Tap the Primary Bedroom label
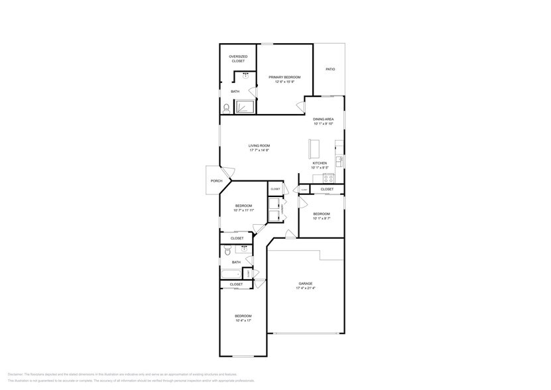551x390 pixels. tap(284, 78)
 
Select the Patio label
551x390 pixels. tap(330, 70)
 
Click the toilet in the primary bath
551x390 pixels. tap(226, 107)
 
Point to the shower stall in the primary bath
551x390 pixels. tap(245, 106)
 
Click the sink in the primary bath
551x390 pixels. tap(247, 76)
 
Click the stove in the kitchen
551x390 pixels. tap(328, 178)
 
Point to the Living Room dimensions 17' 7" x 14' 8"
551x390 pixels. tap(259, 151)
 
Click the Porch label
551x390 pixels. tap(216, 180)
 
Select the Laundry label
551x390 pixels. tap(282, 211)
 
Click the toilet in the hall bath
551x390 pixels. tap(227, 249)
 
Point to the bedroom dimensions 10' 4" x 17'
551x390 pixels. tap(243, 320)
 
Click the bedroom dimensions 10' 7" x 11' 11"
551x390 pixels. tap(243, 210)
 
